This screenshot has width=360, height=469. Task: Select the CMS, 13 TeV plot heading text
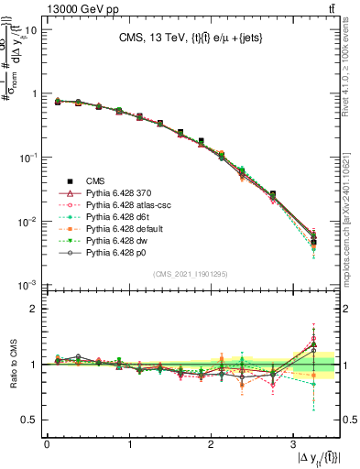click(191, 38)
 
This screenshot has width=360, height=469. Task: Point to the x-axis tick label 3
click(292, 443)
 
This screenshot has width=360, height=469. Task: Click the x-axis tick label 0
click(47, 443)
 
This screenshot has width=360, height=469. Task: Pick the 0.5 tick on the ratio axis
click(29, 420)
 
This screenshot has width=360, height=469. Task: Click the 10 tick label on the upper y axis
click(29, 30)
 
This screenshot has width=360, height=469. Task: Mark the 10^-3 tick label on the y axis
click(27, 286)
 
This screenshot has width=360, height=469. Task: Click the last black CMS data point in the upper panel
click(313, 241)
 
